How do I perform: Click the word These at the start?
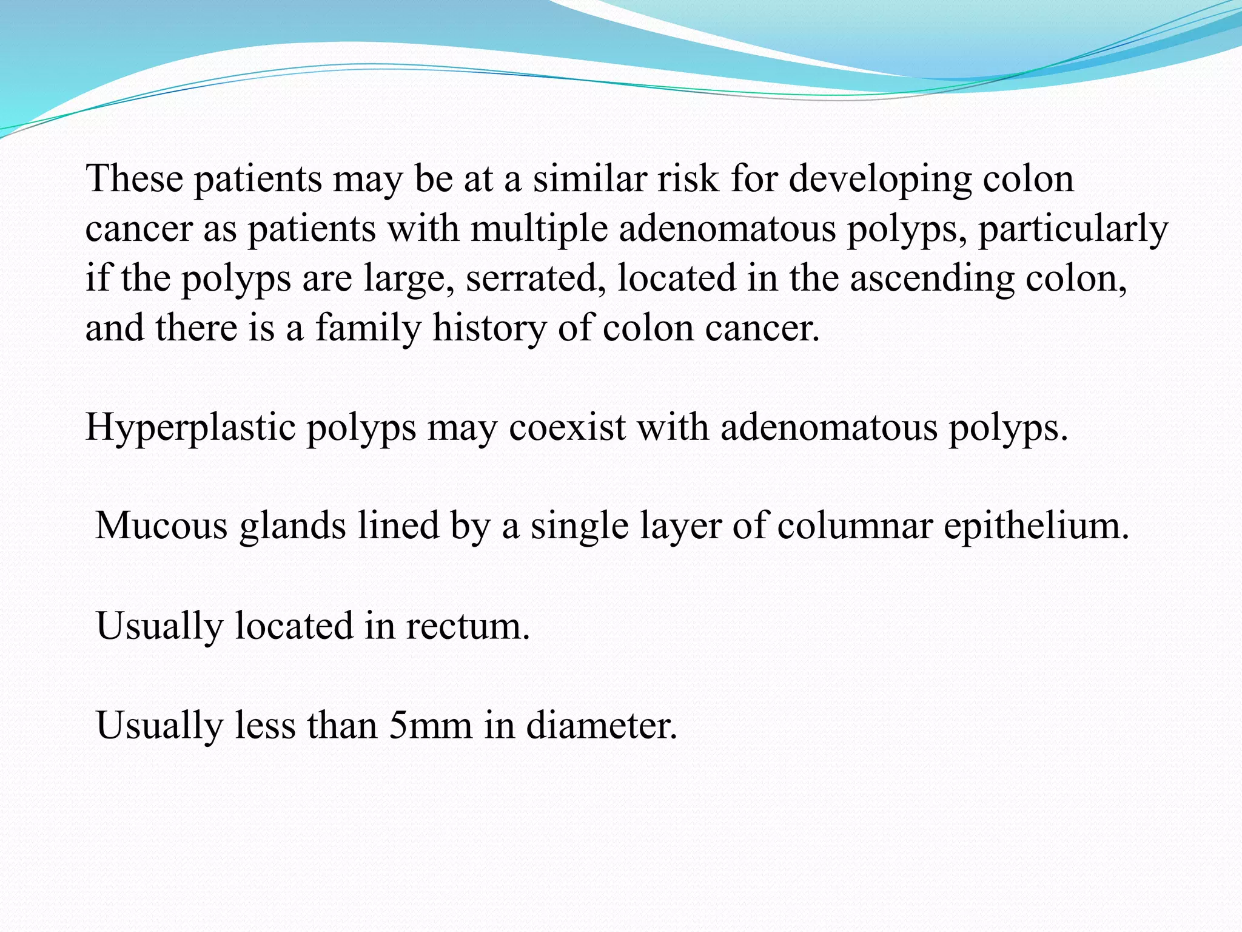click(x=135, y=178)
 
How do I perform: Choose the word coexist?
click(x=567, y=427)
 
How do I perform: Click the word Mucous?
click(x=161, y=525)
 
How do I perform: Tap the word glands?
click(x=293, y=525)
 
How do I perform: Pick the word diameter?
click(x=601, y=724)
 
